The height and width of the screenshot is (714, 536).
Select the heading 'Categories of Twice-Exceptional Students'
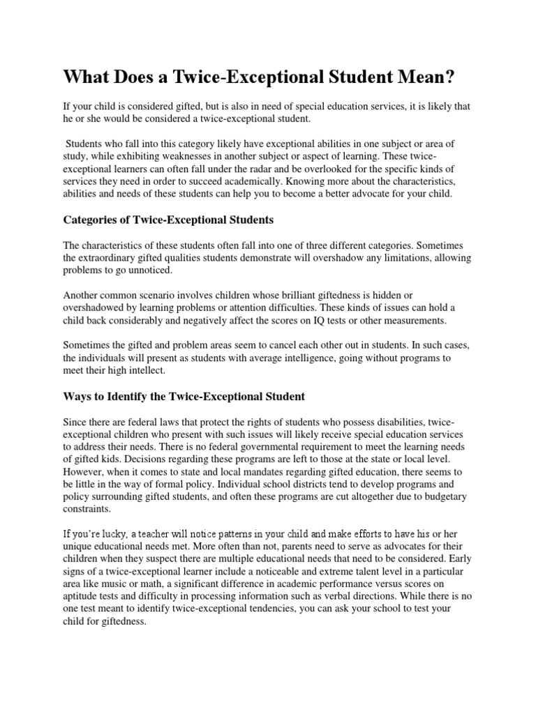click(x=168, y=220)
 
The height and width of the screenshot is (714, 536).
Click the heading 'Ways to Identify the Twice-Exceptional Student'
click(x=184, y=397)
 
